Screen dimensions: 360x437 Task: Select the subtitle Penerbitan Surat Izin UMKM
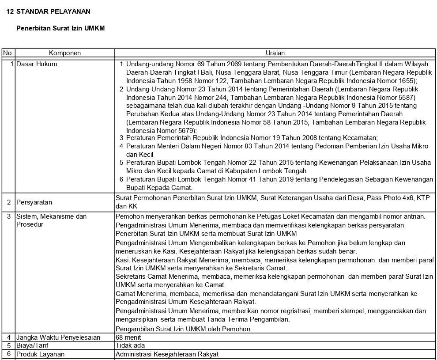pyautogui.click(x=60, y=28)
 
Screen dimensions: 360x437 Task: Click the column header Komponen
pyautogui.click(x=64, y=53)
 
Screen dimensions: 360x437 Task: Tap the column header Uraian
pyautogui.click(x=275, y=53)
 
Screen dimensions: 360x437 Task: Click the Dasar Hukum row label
pyautogui.click(x=37, y=64)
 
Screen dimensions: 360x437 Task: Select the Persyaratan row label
pyautogui.click(x=34, y=202)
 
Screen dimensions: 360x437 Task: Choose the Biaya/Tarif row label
pyautogui.click(x=32, y=345)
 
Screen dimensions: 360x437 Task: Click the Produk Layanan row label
pyautogui.click(x=40, y=354)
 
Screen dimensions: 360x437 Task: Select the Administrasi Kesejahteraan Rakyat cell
pyautogui.click(x=167, y=354)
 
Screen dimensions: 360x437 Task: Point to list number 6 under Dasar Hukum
pyautogui.click(x=121, y=179)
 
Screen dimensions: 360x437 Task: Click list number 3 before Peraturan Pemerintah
pyautogui.click(x=121, y=138)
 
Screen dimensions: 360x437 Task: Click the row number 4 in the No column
pyautogui.click(x=9, y=337)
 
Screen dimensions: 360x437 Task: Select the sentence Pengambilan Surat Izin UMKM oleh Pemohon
pyautogui.click(x=184, y=329)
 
